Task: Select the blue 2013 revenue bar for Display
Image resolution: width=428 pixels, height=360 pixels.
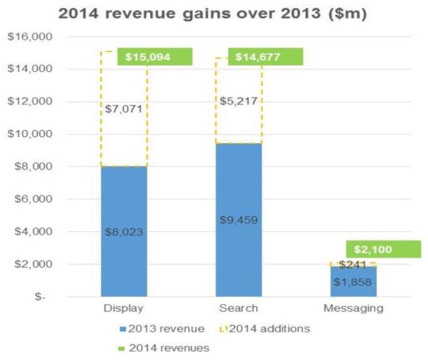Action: point(124,196)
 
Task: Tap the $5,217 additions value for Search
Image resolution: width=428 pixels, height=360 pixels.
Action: point(239,101)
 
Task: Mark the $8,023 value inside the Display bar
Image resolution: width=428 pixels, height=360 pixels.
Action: point(124,231)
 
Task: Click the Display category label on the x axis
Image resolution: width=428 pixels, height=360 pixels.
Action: point(123,309)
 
